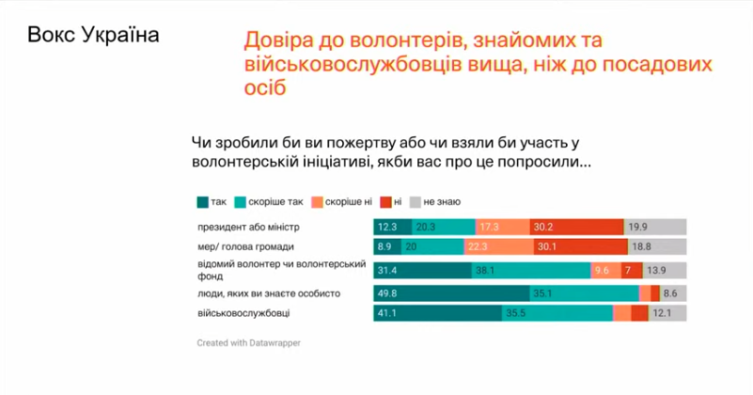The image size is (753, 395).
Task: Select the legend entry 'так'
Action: (212, 201)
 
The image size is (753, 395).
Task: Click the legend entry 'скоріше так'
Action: (274, 201)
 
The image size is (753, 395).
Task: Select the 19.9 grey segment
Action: (655, 227)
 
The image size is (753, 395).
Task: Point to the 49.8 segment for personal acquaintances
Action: (451, 293)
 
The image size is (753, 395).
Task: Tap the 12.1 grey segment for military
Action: (667, 314)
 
